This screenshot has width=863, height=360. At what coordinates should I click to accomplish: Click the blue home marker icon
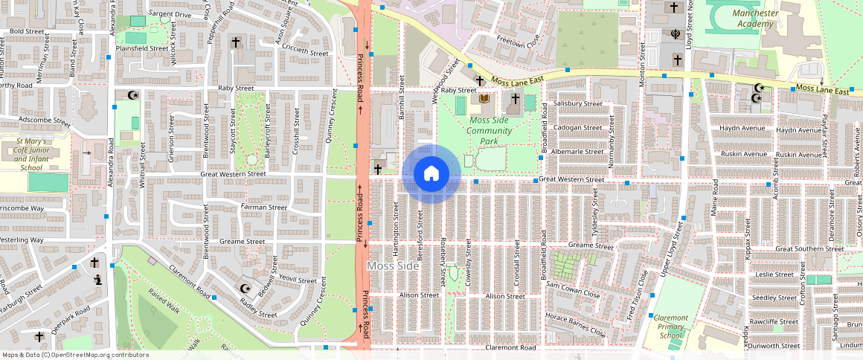[x=431, y=173]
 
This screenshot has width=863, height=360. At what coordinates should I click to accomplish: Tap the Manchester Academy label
[x=755, y=19]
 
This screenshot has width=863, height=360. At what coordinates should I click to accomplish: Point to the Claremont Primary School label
[x=670, y=327]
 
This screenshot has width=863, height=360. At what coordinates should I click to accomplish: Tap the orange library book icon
[x=484, y=98]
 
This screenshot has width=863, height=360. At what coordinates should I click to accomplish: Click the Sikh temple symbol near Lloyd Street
[x=676, y=33]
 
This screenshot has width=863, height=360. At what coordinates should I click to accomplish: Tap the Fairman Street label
[x=263, y=208]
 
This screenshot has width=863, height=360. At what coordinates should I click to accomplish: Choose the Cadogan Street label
[x=577, y=127]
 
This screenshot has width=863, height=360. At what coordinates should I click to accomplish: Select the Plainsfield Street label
[x=142, y=48]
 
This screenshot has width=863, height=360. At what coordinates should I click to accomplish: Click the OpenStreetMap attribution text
[x=74, y=355]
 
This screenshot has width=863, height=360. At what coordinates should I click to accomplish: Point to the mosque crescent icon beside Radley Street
[x=246, y=289]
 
